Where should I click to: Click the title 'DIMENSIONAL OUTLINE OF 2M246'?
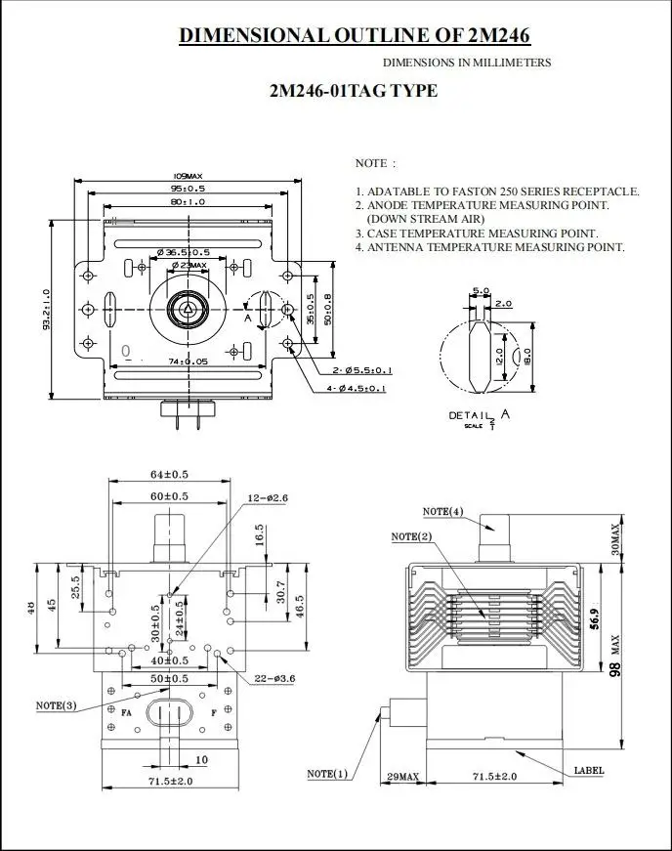(354, 36)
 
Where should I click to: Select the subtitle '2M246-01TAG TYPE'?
(353, 92)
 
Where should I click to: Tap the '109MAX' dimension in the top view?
(188, 177)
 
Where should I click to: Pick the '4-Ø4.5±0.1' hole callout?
(357, 389)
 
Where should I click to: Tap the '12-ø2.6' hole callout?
(267, 498)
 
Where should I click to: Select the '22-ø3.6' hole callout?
(274, 678)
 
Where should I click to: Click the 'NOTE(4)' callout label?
(442, 512)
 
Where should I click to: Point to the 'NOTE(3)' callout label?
(56, 704)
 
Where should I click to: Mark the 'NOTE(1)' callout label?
(327, 774)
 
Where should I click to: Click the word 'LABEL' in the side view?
(589, 771)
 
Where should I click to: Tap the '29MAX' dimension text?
(402, 778)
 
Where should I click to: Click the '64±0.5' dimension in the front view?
(169, 475)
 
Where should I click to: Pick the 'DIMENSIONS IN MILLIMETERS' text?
(466, 63)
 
